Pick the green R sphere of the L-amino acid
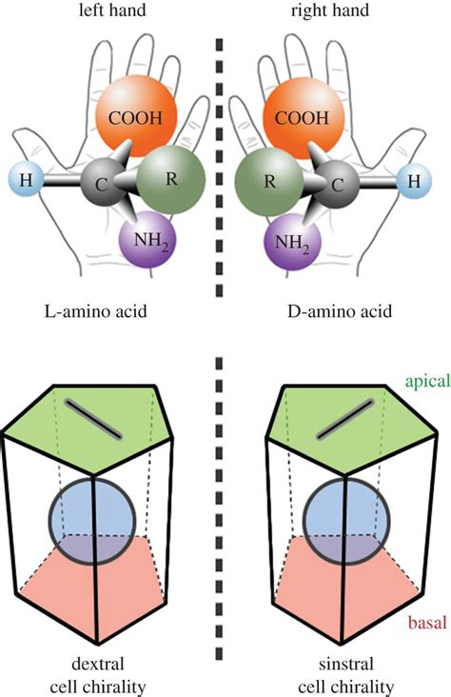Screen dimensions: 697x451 click(x=171, y=178)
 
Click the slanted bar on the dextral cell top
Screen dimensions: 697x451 click(x=94, y=419)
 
